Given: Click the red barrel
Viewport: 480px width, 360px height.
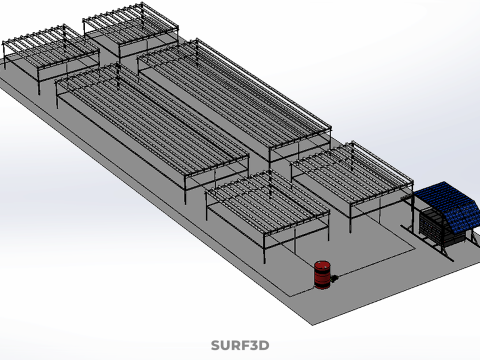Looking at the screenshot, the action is (x=322, y=275).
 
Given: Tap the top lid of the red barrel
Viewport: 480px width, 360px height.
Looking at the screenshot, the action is (x=322, y=265).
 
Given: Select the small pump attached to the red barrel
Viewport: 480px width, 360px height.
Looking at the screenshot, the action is (x=334, y=278).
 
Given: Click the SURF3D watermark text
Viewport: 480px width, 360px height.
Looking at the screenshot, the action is (x=240, y=345).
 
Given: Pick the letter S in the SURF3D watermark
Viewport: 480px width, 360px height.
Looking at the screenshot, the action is (x=216, y=345).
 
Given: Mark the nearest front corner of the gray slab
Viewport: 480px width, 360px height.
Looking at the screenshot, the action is (x=312, y=325).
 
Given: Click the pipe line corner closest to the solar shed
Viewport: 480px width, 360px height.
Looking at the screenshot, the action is (x=415, y=248).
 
